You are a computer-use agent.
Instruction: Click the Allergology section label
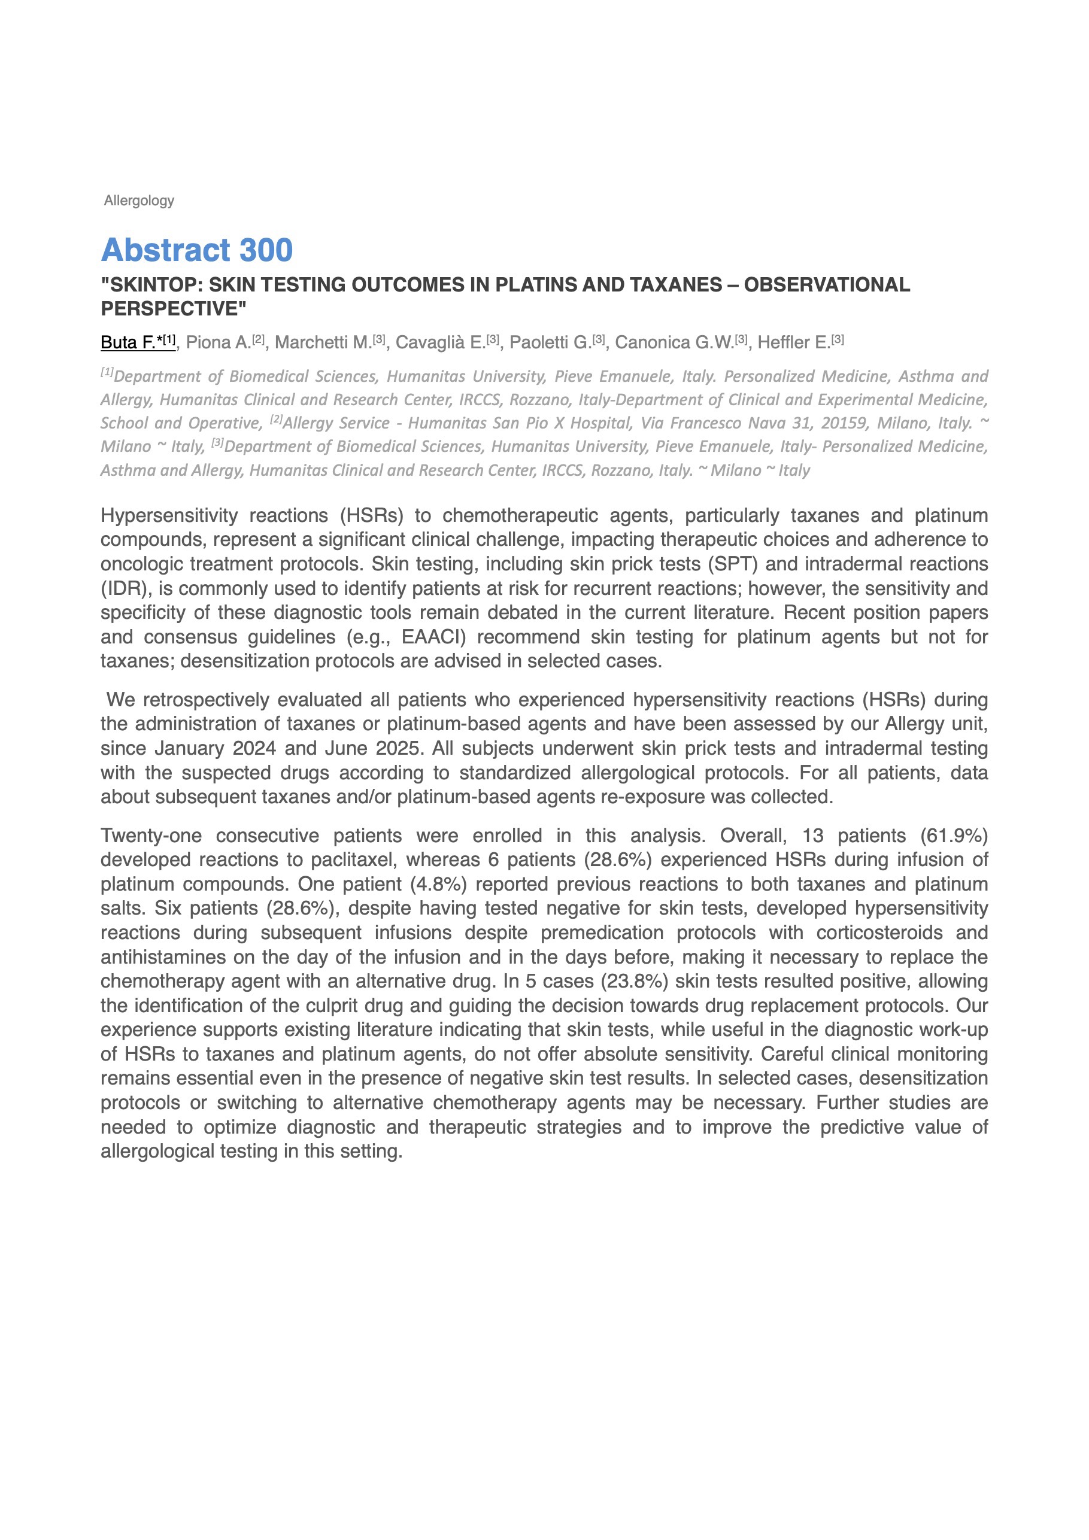tap(139, 201)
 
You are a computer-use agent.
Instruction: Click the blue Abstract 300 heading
tap(196, 250)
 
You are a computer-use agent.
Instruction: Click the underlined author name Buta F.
tap(128, 343)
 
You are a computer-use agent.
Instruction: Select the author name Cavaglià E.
tap(440, 343)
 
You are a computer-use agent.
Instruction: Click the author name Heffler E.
tap(793, 343)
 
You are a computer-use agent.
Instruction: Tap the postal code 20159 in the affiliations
tap(844, 423)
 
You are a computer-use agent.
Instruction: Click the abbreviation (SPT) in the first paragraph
tap(733, 564)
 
